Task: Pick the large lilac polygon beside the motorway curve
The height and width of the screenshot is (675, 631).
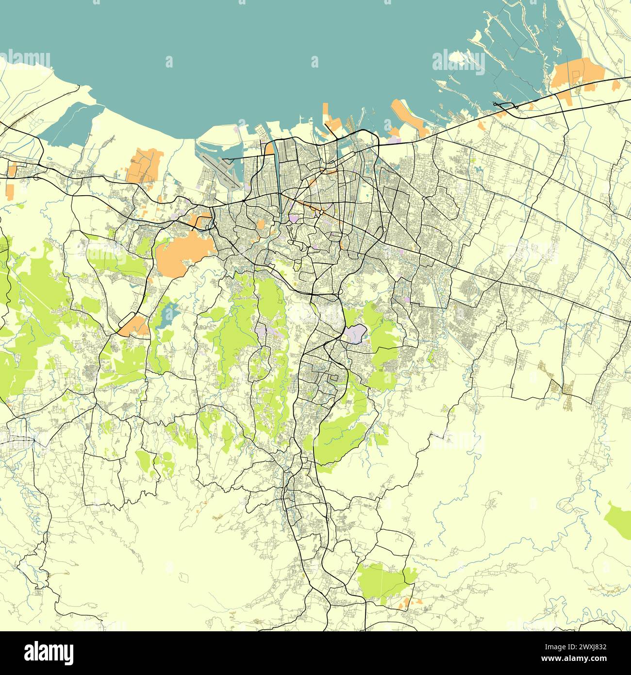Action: coord(354,334)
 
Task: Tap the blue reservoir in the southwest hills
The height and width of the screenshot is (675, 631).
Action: coord(166,316)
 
